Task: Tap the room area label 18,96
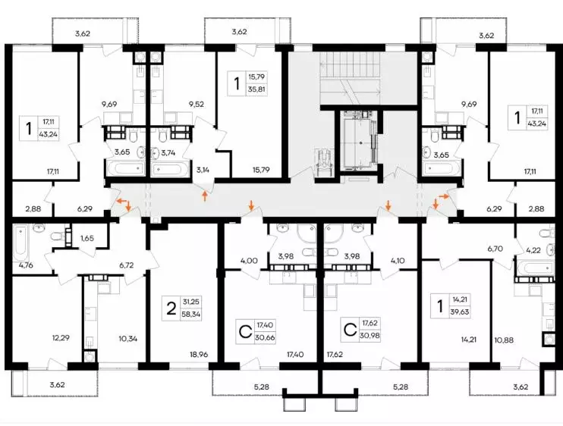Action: point(199,355)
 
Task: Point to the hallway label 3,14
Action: point(203,170)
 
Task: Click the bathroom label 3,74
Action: point(168,153)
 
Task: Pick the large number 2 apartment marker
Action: point(171,309)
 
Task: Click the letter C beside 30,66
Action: point(245,332)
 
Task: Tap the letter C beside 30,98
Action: point(350,330)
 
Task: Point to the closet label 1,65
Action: point(87,238)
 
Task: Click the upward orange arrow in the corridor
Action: point(205,196)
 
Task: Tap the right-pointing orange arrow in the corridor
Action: point(444,196)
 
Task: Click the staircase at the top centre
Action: point(350,79)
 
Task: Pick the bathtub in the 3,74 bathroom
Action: point(168,168)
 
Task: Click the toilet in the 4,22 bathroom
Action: point(545,233)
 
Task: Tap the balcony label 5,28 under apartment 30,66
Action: point(261,387)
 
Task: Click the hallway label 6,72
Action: point(127,265)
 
